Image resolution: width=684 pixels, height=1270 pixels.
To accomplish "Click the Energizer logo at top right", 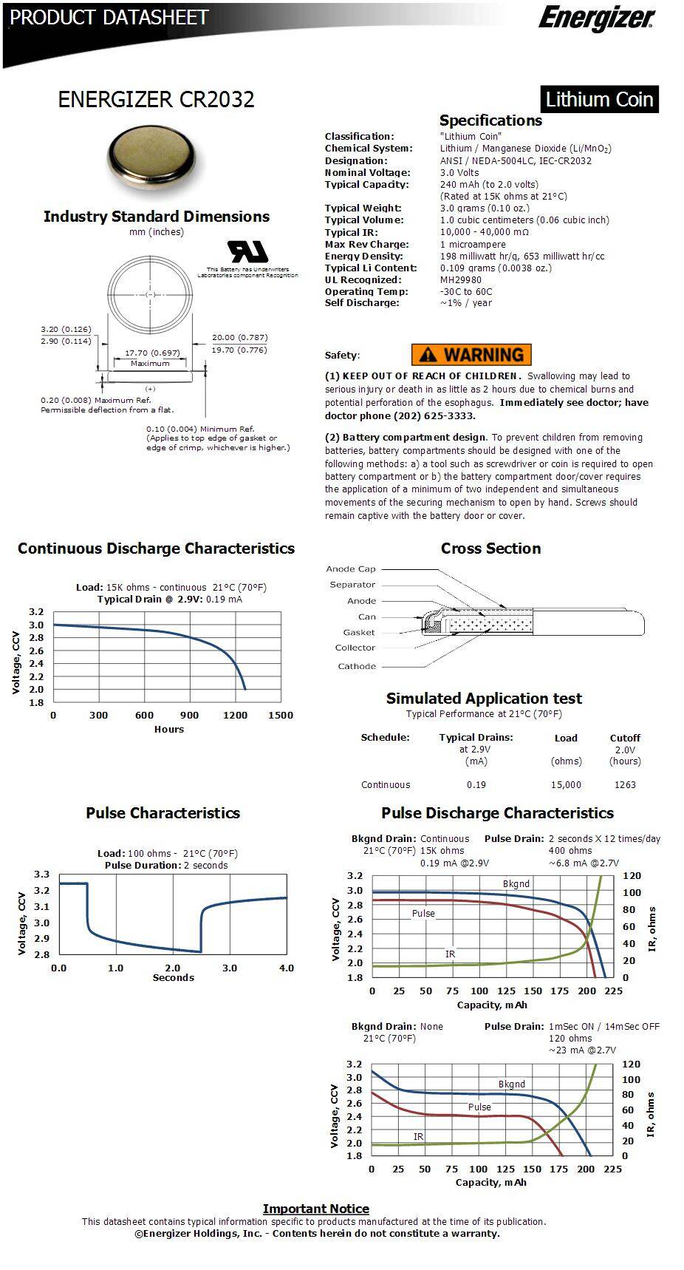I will tap(595, 18).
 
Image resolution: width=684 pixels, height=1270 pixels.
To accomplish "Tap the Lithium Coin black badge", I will tap(599, 99).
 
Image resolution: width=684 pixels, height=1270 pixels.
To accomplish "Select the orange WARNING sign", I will tap(471, 355).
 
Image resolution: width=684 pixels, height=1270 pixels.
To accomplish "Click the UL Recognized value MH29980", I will tap(460, 279).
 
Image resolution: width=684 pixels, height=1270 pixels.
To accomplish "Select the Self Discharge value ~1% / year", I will tap(465, 303).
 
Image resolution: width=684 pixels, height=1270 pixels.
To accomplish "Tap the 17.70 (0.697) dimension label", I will tap(152, 353).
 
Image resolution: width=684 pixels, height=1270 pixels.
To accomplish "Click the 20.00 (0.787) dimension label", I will tap(239, 337).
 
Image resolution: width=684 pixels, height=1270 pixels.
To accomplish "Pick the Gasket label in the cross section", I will tap(358, 632).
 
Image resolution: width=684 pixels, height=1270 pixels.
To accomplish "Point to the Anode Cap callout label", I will tap(351, 569).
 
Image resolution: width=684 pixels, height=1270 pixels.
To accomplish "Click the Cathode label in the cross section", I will tap(357, 666).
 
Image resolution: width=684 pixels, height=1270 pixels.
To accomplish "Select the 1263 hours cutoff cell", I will tap(625, 784).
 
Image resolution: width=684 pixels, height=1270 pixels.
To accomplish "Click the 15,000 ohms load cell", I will tap(566, 784).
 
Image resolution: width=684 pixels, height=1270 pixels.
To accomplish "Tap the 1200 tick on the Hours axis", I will tap(235, 715).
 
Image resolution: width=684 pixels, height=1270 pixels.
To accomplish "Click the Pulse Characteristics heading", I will tap(163, 813).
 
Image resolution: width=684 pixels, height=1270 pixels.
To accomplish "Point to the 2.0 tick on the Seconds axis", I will tap(173, 968).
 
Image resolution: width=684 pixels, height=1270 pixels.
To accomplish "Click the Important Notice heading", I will tap(315, 1209).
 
